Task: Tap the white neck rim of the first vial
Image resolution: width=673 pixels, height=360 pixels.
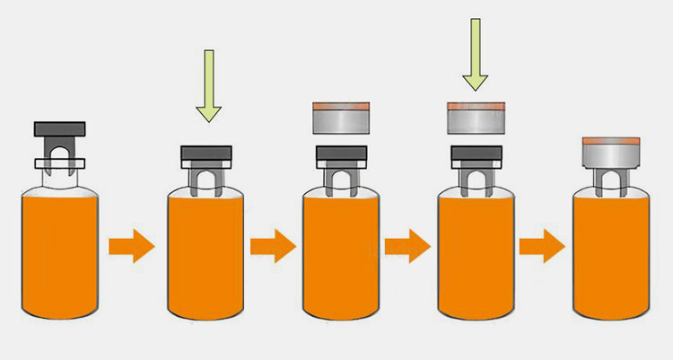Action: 59,163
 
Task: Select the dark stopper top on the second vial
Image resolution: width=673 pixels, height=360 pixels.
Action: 207,154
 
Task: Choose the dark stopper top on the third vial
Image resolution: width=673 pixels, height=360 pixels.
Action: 340,154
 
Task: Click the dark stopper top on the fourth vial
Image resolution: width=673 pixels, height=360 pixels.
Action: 476,154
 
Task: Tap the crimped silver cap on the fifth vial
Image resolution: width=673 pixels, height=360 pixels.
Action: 610,154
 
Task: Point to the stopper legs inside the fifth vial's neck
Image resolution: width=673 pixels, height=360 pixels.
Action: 610,182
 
